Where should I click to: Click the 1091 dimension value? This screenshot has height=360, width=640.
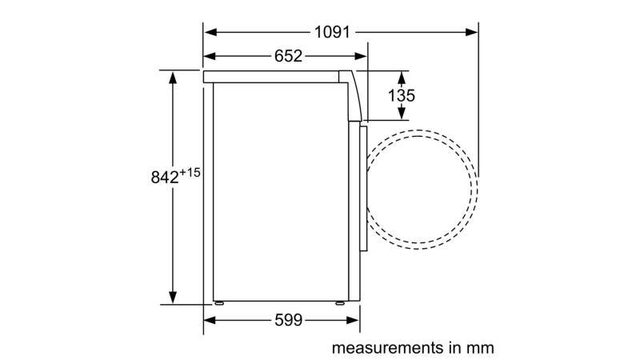pyautogui.click(x=332, y=32)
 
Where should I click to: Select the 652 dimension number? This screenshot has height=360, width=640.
pyautogui.click(x=288, y=56)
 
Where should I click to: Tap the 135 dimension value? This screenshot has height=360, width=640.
pyautogui.click(x=402, y=95)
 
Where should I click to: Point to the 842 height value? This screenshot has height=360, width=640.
pyautogui.click(x=165, y=178)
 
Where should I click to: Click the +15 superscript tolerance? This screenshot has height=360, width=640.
pyautogui.click(x=190, y=173)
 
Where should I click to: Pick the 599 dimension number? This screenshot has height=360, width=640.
pyautogui.click(x=289, y=320)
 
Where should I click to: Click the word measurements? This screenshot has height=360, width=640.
pyautogui.click(x=388, y=348)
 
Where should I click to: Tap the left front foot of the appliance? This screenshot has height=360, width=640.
pyautogui.click(x=218, y=303)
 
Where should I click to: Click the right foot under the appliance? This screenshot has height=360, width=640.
pyautogui.click(x=339, y=303)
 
